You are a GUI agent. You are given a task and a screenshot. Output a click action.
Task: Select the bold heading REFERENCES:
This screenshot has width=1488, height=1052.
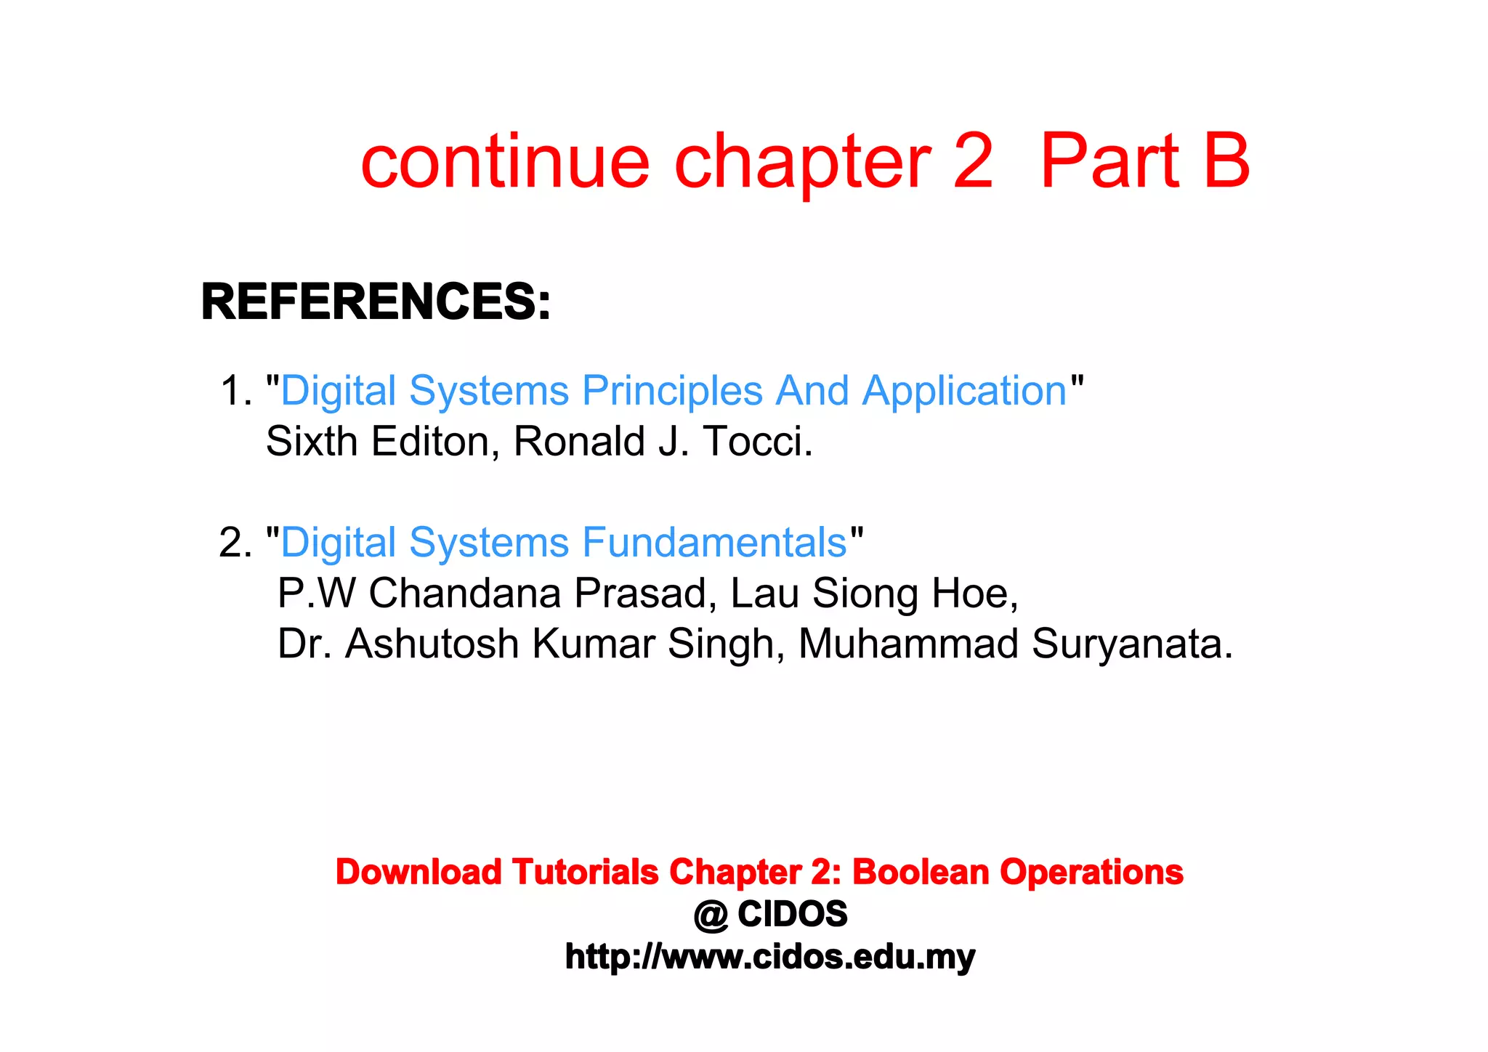pos(376,302)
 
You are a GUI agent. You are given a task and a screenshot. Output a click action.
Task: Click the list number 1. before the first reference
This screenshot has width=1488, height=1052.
pos(235,391)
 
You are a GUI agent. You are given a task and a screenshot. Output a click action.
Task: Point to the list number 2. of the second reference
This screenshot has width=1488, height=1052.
pos(235,543)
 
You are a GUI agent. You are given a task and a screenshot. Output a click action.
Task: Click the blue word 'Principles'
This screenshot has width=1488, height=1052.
pos(672,391)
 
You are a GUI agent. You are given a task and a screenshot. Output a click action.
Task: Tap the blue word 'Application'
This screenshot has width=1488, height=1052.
pos(964,391)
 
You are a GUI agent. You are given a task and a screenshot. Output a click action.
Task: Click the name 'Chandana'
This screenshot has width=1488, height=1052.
pos(465,593)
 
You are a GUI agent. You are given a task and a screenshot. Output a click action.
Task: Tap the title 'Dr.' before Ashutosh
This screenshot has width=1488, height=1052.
pos(304,644)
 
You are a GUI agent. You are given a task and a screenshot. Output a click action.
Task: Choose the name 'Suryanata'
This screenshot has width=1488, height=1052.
pos(1131,644)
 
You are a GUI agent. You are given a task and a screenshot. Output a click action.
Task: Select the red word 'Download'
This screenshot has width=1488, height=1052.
pos(418,872)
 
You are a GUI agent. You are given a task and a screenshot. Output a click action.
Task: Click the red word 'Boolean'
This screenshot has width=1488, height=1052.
pos(920,872)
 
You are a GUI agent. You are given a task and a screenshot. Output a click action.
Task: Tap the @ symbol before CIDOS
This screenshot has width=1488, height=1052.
pos(711,915)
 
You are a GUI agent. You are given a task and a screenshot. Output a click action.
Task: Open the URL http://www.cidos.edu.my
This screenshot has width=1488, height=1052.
pos(770,957)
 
